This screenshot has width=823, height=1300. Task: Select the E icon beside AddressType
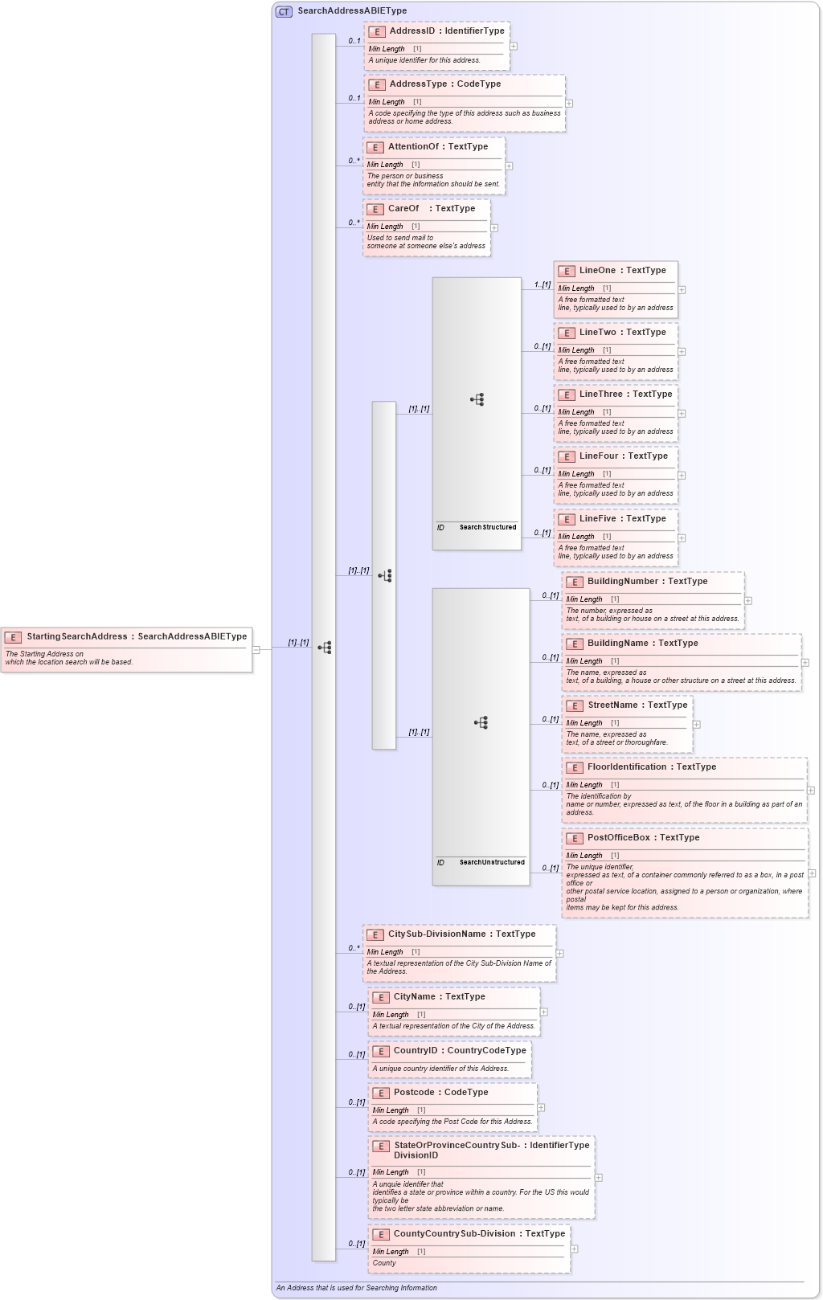click(x=376, y=84)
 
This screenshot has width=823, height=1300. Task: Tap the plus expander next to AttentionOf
click(x=509, y=166)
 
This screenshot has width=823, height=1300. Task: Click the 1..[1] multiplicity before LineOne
click(x=543, y=284)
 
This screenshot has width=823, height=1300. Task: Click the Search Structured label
click(x=488, y=528)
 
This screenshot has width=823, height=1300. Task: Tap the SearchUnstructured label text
click(x=492, y=863)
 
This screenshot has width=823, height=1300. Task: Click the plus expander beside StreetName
click(x=696, y=725)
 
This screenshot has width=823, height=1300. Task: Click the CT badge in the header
click(x=284, y=12)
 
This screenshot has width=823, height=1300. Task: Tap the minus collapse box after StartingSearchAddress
click(x=256, y=650)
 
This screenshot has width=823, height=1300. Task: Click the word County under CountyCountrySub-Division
click(x=384, y=1263)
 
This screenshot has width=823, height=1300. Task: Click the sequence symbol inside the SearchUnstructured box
click(x=481, y=723)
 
